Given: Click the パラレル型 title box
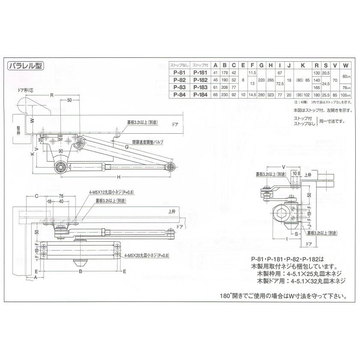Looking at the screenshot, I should [x=25, y=66].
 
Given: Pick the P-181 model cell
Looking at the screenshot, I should [x=201, y=72].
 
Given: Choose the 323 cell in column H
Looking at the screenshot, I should [x=270, y=94].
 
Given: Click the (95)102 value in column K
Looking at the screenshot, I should [x=303, y=94].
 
